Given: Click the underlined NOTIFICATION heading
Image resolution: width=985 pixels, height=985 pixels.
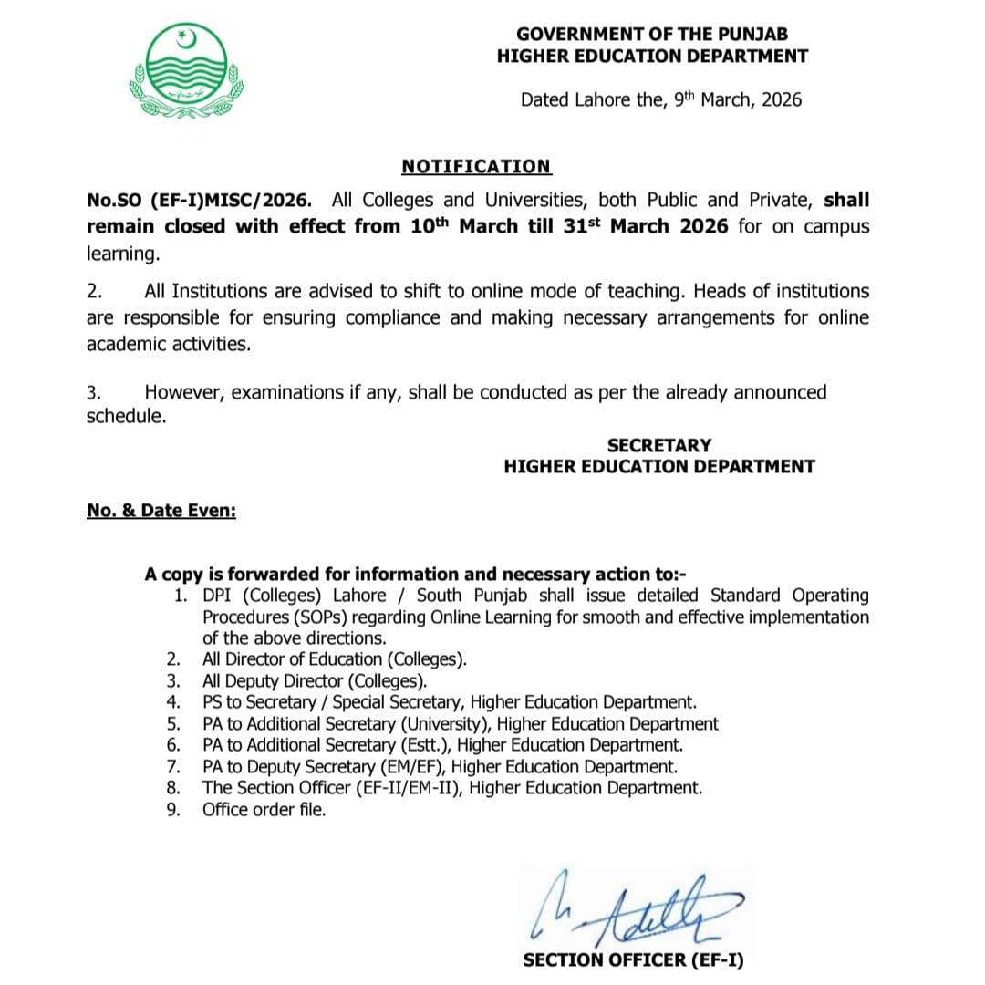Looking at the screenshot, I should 476,167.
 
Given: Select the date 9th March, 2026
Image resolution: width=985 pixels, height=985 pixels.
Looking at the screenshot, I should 738,99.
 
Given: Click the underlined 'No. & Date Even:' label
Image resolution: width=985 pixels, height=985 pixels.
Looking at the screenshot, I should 161,511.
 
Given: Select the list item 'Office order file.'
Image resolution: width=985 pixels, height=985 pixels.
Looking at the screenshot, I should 264,809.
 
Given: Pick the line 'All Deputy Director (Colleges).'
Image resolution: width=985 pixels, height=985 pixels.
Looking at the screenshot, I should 314,681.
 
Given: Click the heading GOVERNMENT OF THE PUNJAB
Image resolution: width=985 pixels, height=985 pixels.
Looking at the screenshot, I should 652,34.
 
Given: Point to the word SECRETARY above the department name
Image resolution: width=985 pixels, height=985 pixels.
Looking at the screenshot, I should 658,445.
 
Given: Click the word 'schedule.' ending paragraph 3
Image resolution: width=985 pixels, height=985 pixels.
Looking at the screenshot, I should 127,416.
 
